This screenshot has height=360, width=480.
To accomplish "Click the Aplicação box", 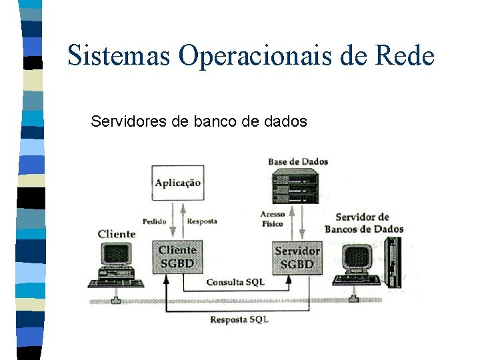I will (177, 181).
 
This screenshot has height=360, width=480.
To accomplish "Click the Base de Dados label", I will (298, 161).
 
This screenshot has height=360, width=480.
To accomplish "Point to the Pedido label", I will (154, 221).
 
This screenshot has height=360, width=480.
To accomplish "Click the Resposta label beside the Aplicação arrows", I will (202, 221).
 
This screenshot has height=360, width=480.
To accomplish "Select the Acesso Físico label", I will (272, 219).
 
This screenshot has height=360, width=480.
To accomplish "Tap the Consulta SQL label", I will (235, 282).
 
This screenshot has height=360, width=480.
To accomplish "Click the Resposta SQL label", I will (239, 320).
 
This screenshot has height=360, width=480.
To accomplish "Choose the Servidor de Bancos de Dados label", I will (363, 223).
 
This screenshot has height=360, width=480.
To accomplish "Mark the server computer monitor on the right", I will (357, 257).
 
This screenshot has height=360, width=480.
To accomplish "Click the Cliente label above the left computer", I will (116, 234).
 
